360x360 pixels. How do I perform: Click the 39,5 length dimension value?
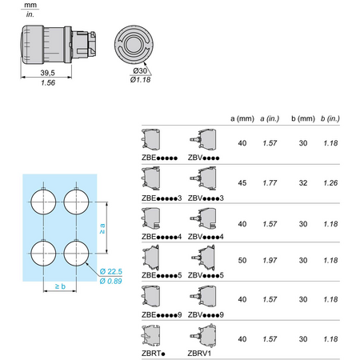coord(47,73)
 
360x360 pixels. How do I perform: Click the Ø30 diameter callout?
coord(140,71)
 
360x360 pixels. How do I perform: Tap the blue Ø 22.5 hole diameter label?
coord(111,271)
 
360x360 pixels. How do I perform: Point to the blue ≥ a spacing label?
coord(102,229)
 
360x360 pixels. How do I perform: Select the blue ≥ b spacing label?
coord(60,286)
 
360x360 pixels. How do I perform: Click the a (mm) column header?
coord(242,118)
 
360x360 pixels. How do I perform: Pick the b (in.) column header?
coord(330,118)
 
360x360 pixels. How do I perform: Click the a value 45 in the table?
coord(242,183)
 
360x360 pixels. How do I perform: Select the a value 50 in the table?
coord(242,260)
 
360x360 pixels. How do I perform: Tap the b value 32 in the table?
coord(303,183)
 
